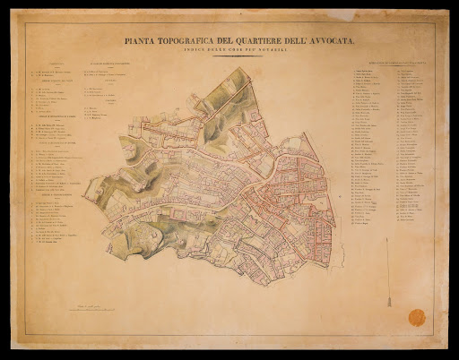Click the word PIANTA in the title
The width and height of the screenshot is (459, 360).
coord(143,40)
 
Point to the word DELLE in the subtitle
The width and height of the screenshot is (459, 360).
coord(227,49)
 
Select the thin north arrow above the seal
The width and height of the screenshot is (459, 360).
coord(389,278)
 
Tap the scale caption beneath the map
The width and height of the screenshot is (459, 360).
coord(217,305)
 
